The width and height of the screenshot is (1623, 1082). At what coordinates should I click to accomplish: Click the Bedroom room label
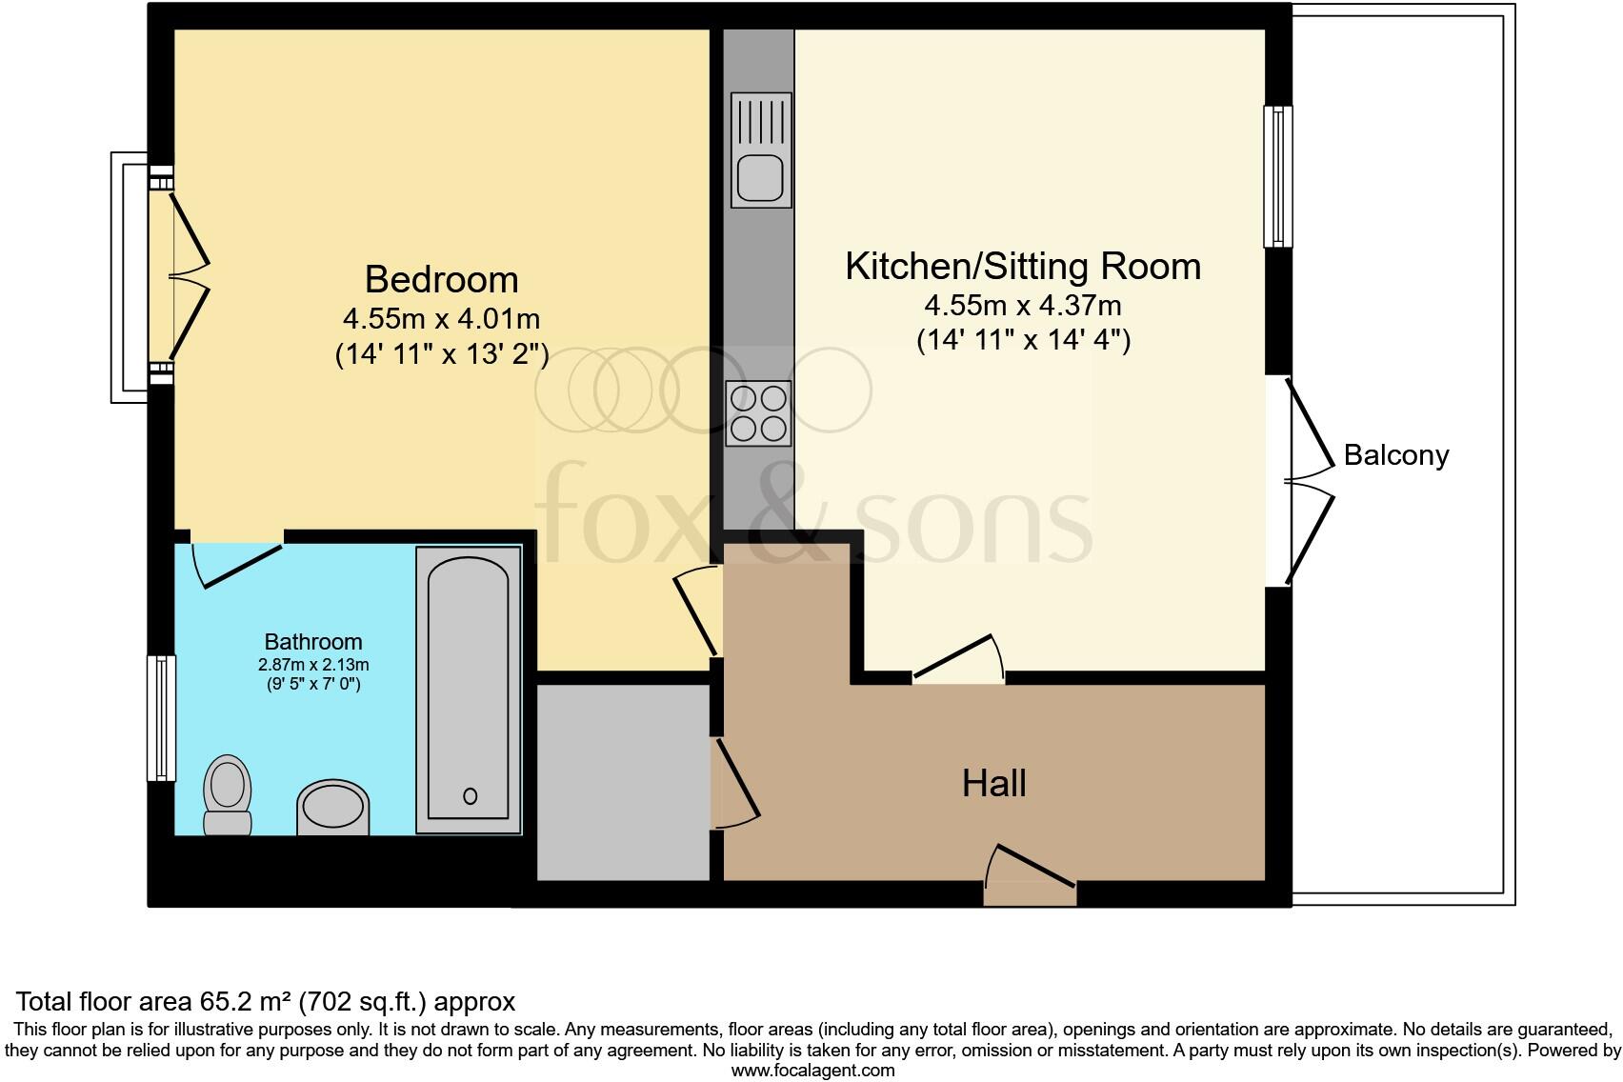441,280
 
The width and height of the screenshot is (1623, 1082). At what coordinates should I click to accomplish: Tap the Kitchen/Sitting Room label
1023,266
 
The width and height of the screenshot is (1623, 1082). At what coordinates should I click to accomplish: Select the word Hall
993,784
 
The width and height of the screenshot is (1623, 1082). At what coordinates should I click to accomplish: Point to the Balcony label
1395,455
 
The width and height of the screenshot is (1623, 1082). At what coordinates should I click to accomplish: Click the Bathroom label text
313,642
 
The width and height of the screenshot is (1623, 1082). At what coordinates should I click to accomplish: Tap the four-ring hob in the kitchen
759,412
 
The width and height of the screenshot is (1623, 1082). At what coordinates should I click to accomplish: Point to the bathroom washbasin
332,809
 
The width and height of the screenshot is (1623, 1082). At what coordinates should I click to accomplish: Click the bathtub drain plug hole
470,796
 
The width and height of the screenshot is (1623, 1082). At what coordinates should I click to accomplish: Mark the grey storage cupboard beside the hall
624,781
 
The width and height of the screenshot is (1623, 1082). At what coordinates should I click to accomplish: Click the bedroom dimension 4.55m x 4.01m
441,318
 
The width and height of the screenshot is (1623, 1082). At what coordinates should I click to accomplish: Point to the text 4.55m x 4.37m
1023,306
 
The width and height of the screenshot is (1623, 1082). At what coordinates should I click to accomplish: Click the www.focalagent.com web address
812,1070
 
